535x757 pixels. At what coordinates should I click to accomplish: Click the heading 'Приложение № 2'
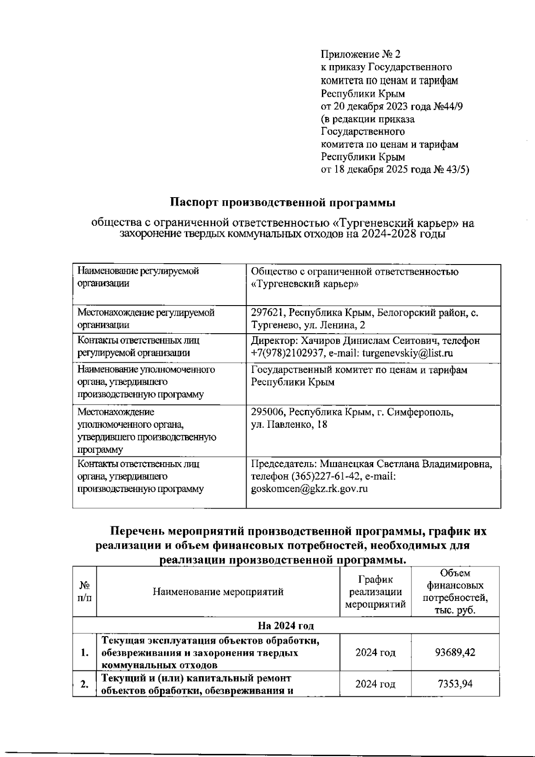tap(360, 54)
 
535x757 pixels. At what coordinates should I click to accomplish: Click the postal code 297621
tap(267, 313)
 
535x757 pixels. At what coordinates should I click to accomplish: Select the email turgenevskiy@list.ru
tap(407, 353)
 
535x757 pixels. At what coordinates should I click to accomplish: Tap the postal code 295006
tap(267, 412)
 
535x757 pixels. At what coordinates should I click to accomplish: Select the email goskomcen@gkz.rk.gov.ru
tap(309, 489)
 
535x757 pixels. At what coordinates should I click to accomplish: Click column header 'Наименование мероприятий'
tap(218, 592)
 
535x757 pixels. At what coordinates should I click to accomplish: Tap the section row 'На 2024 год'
tap(285, 625)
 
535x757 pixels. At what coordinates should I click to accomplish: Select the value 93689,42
tap(455, 653)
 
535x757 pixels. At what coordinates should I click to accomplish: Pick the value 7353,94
tap(455, 683)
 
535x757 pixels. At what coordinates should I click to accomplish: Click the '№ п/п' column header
tap(84, 592)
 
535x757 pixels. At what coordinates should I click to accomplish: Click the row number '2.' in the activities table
tap(84, 684)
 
